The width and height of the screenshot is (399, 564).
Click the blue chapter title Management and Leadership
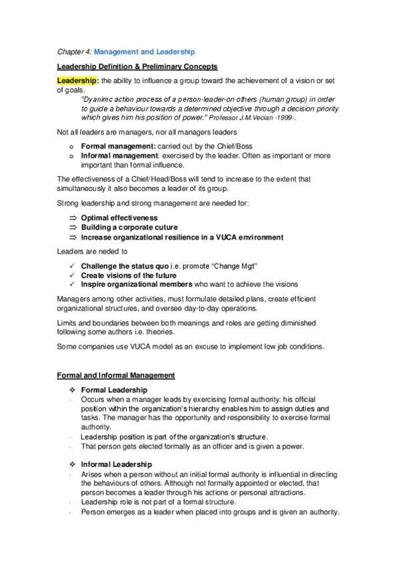(144, 51)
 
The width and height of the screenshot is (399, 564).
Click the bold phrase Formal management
(118, 145)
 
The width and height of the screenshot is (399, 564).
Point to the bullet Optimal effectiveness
(119, 217)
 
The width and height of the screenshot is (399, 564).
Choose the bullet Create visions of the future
(129, 275)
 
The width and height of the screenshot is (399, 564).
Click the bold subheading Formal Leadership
(114, 390)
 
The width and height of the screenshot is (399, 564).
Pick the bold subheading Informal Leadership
(116, 464)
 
